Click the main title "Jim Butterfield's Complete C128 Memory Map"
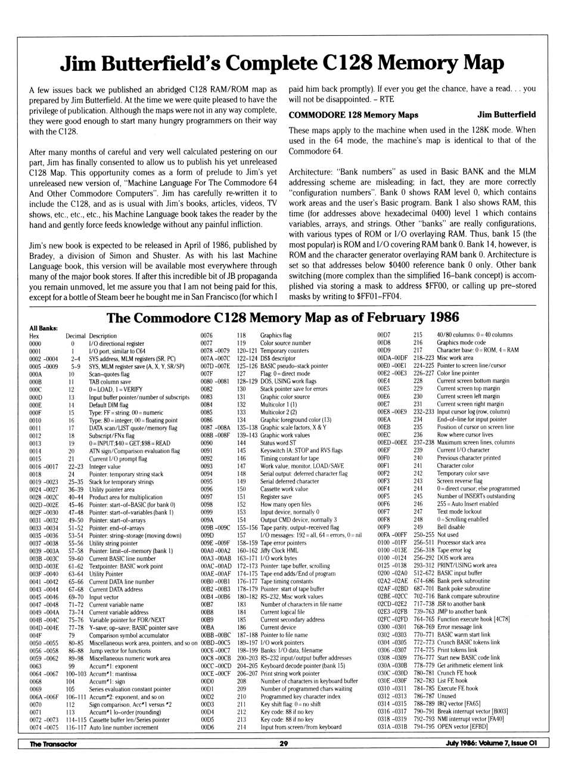coord(282,63)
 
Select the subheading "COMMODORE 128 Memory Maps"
coord(353,115)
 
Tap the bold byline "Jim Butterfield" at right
coord(506,114)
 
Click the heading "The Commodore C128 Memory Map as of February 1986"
coord(282,317)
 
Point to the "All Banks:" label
coord(43,328)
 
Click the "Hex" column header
coord(34,336)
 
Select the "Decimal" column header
coord(76,336)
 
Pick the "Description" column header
coord(103,336)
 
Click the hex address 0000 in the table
coord(35,344)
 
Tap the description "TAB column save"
coord(110,382)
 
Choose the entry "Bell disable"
coord(451,527)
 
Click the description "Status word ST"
coord(278,443)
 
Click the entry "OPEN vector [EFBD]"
coord(462,727)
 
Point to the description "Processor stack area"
coord(461,542)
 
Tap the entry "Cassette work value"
coord(284,489)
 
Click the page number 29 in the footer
coord(284,743)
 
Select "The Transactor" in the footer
coord(54,743)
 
